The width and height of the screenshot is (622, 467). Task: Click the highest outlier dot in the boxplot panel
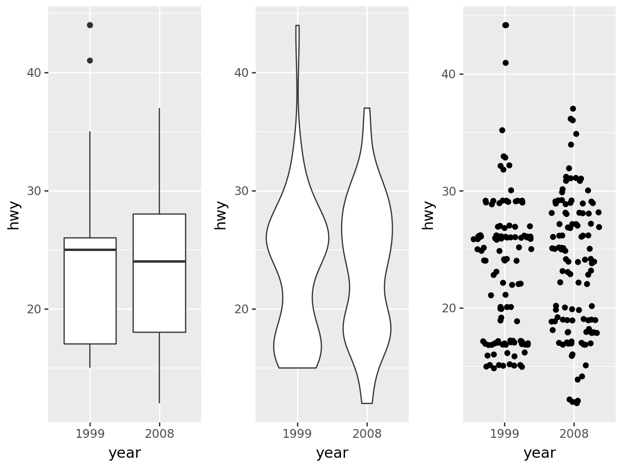pyautogui.click(x=90, y=25)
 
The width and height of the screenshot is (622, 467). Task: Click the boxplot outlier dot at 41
pyautogui.click(x=90, y=60)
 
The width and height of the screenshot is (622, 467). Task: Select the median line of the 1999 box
pyautogui.click(x=90, y=250)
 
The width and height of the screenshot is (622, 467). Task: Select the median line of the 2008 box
pyautogui.click(x=159, y=261)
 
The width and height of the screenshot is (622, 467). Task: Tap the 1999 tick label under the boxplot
pyautogui.click(x=90, y=434)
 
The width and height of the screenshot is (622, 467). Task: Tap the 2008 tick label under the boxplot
pyautogui.click(x=159, y=434)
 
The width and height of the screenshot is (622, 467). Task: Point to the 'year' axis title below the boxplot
pyautogui.click(x=124, y=453)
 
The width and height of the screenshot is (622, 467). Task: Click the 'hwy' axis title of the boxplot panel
pyautogui.click(x=14, y=215)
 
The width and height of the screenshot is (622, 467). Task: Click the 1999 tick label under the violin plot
pyautogui.click(x=297, y=434)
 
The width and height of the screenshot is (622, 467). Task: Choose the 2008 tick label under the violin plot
pyautogui.click(x=367, y=434)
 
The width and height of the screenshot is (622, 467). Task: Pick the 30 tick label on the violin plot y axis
pyautogui.click(x=242, y=191)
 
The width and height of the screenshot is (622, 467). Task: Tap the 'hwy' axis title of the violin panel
pyautogui.click(x=221, y=215)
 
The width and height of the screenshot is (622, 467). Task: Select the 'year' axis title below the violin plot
pyautogui.click(x=332, y=453)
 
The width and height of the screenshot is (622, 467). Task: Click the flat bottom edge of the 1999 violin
pyautogui.click(x=297, y=368)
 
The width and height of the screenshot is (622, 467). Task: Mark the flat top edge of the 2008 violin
pyautogui.click(x=367, y=108)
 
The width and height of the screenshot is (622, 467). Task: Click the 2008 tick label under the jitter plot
pyautogui.click(x=574, y=434)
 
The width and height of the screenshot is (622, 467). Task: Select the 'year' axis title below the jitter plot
pyautogui.click(x=539, y=453)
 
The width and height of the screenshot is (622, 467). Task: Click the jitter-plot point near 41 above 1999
pyautogui.click(x=505, y=63)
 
